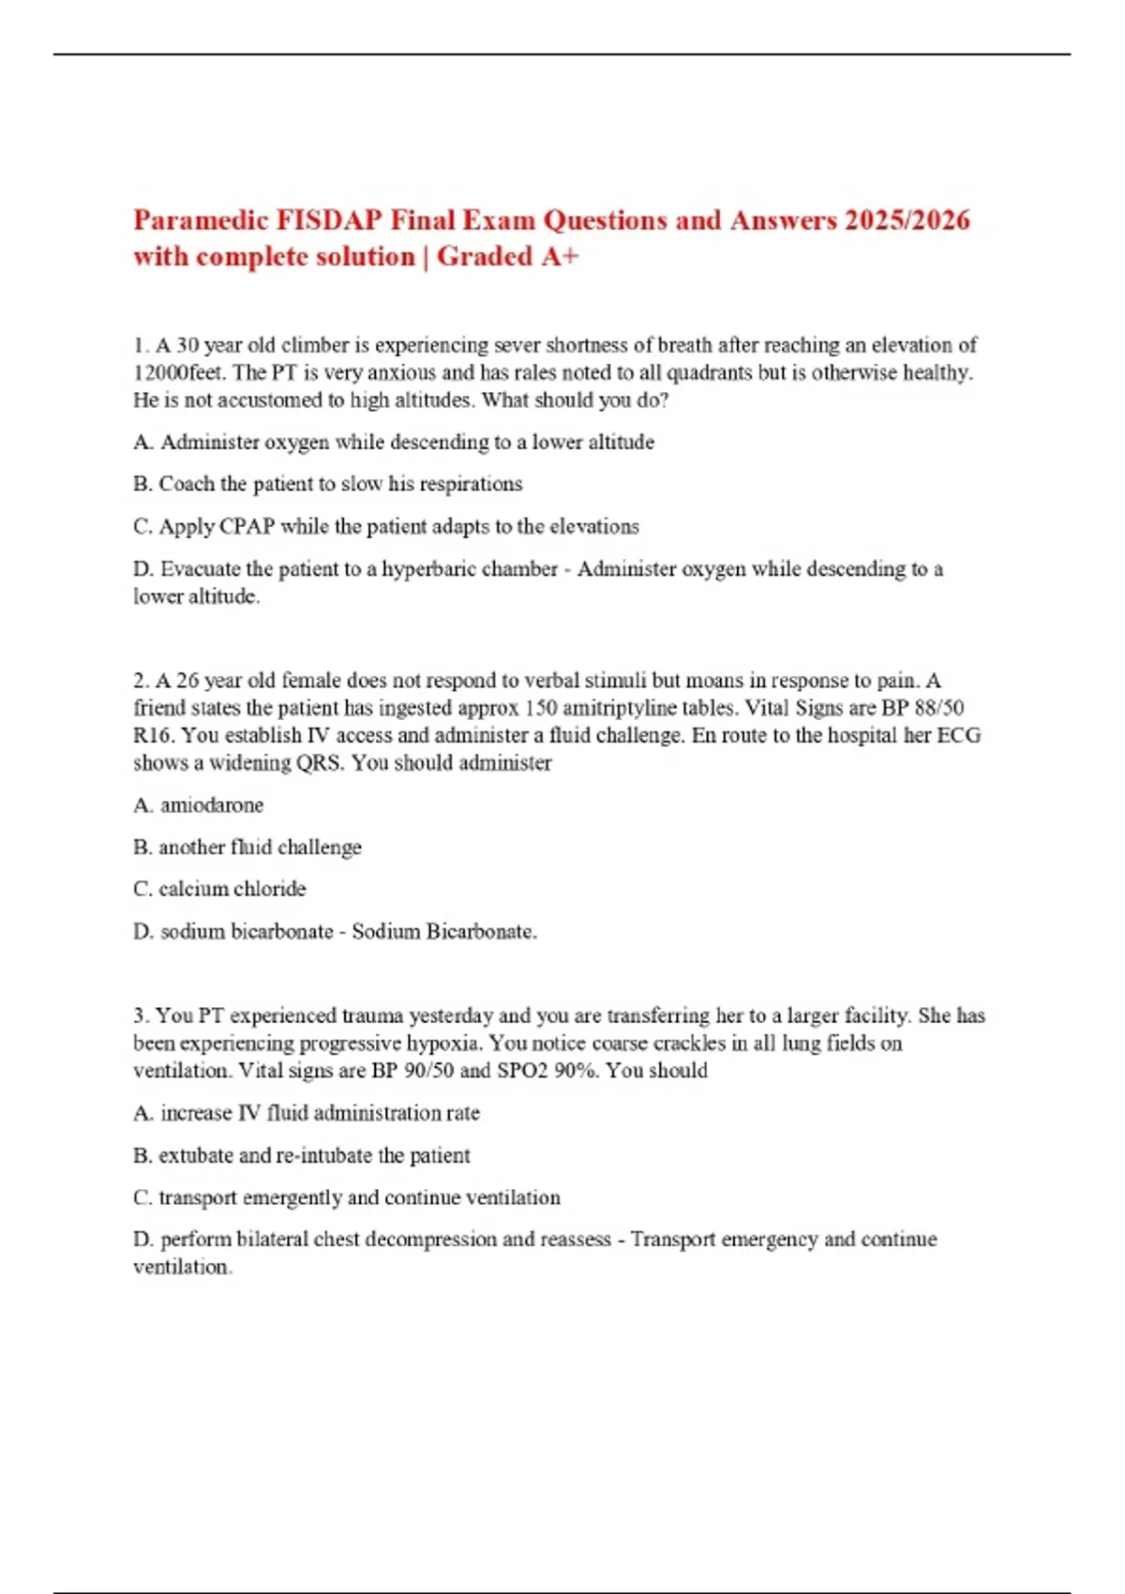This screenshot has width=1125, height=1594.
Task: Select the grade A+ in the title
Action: point(560,256)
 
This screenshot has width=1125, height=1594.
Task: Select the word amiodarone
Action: point(212,805)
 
